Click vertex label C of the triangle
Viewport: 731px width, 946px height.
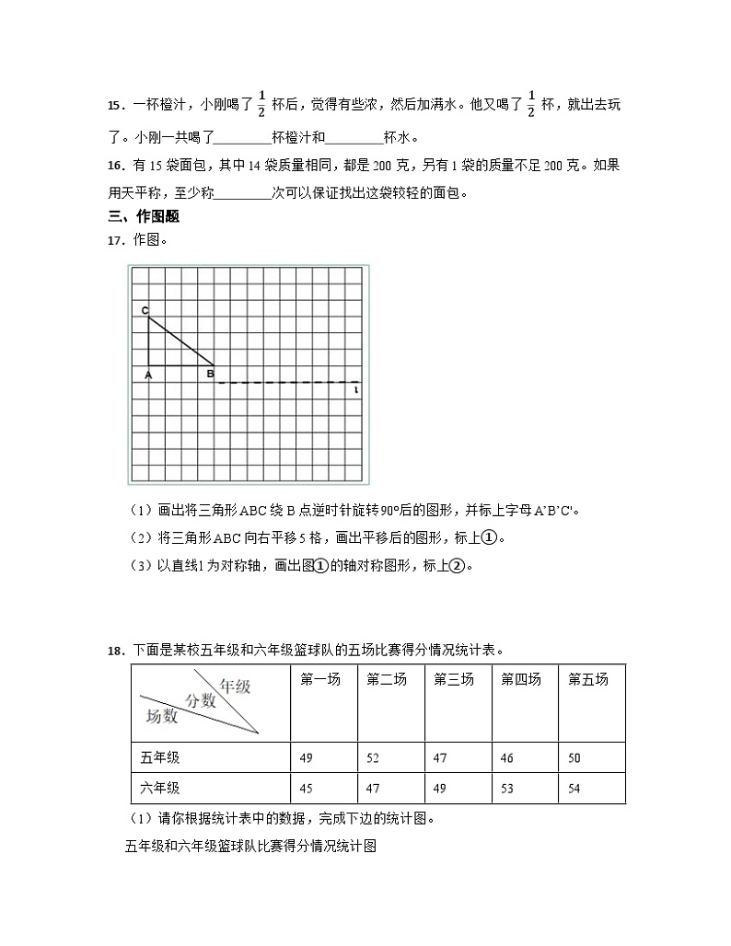pos(145,311)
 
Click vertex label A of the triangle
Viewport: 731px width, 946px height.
pos(147,374)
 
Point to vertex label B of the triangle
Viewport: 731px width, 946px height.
pos(210,374)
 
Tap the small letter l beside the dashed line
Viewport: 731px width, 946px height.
pos(355,391)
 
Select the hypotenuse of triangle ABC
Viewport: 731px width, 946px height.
pos(181,341)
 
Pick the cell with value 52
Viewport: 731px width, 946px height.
pos(373,758)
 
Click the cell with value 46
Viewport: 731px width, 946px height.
pos(506,758)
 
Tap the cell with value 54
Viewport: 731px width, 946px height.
pos(575,789)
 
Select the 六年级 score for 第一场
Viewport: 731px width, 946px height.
pos(307,789)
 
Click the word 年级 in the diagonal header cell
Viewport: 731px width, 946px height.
pos(234,686)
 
